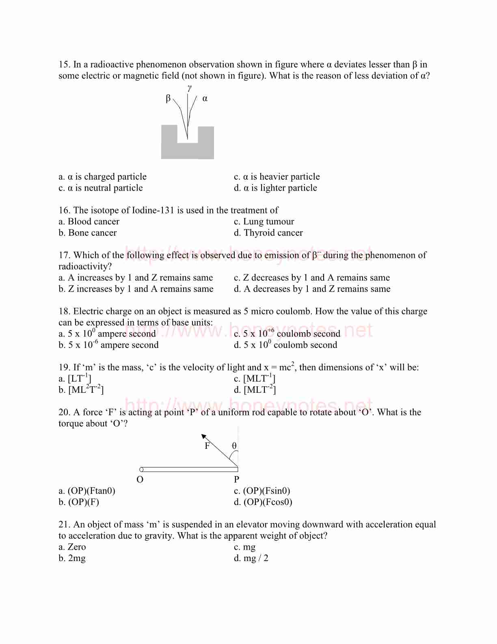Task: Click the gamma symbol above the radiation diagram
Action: click(x=189, y=88)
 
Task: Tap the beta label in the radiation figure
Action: click(x=168, y=98)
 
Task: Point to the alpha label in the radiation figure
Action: click(x=205, y=98)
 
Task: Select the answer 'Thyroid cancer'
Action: click(x=268, y=233)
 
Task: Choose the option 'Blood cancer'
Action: click(x=89, y=222)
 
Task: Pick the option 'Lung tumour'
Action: click(x=264, y=222)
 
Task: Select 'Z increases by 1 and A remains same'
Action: click(x=136, y=289)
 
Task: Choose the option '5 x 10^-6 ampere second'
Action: click(x=108, y=345)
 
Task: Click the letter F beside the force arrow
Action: click(x=207, y=446)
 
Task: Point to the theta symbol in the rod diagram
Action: click(x=234, y=446)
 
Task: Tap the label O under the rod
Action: click(x=140, y=480)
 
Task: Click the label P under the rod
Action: click(x=237, y=480)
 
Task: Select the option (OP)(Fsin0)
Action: click(x=262, y=491)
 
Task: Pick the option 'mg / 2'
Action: click(x=251, y=558)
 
